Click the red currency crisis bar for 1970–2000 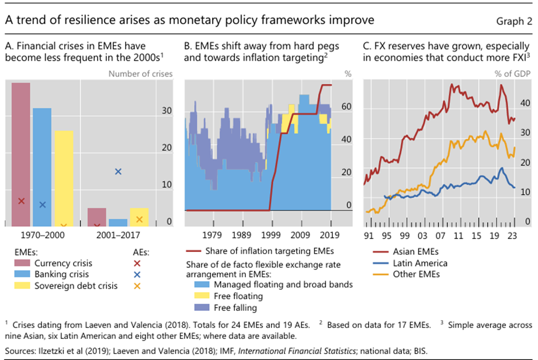pyautogui.click(x=21, y=152)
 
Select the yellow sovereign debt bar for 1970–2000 pyautogui.click(x=64, y=175)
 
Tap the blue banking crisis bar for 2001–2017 pyautogui.click(x=117, y=223)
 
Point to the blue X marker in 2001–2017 pyautogui.click(x=118, y=172)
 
